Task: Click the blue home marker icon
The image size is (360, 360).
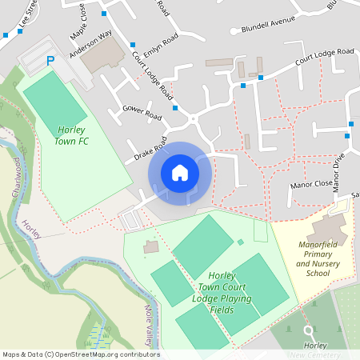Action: pyautogui.click(x=180, y=173)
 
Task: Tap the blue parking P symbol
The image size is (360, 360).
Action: pyautogui.click(x=51, y=61)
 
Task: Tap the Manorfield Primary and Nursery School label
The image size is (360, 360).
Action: pyautogui.click(x=312, y=258)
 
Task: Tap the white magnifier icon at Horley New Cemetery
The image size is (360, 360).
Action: pyautogui.click(x=309, y=330)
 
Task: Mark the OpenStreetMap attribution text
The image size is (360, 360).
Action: pyautogui.click(x=80, y=354)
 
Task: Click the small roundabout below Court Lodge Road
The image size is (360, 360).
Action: pyautogui.click(x=192, y=120)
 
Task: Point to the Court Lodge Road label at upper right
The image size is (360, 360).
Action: pyautogui.click(x=324, y=56)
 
